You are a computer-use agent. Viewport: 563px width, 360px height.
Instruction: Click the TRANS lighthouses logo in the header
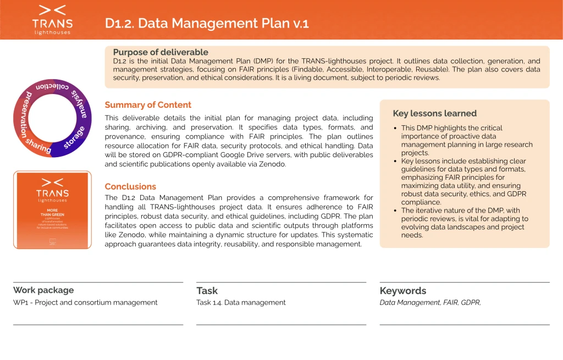52,19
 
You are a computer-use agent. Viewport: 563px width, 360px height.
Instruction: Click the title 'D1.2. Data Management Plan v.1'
207,23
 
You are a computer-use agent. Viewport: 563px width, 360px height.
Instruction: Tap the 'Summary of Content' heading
148,105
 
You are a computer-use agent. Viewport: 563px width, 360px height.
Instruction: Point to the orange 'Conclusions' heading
130,186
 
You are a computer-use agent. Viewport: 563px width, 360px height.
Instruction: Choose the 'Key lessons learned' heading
434,113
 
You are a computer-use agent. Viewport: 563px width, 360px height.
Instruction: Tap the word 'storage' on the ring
74,137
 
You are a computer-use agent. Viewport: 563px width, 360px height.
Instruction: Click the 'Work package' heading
43,290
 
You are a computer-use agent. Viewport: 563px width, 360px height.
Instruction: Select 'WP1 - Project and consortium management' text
85,302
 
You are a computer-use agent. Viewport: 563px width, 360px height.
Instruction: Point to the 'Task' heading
207,291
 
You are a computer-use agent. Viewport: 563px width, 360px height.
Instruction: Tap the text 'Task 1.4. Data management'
241,302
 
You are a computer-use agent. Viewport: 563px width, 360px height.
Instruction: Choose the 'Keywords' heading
402,291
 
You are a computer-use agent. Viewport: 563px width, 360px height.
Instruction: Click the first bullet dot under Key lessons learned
396,129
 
